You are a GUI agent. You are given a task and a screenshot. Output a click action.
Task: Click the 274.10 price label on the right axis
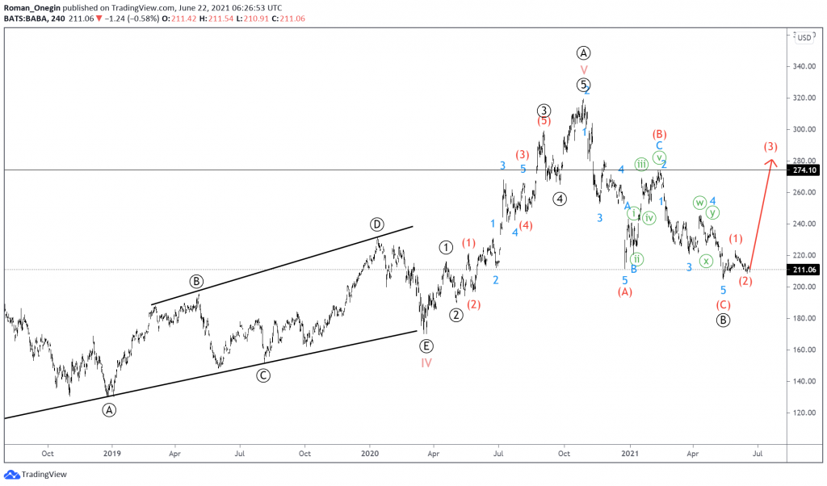(806, 170)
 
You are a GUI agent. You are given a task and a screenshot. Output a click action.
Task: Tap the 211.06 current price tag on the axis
(806, 270)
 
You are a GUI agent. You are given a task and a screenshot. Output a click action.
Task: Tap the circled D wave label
(376, 224)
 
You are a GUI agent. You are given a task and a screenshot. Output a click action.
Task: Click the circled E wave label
(426, 346)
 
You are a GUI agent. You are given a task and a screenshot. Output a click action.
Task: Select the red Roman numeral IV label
(426, 362)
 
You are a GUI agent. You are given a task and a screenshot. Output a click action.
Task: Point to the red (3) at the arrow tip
(770, 147)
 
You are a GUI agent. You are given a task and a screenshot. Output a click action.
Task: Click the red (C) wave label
(723, 304)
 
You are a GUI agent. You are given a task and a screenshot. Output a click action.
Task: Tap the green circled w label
(699, 203)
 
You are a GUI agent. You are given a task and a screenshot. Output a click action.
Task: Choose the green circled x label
(706, 261)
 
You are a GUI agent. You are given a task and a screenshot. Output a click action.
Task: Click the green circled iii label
(641, 164)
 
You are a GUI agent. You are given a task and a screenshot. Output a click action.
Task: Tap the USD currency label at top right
(805, 37)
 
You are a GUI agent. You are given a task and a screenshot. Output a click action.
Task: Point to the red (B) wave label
(659, 134)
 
